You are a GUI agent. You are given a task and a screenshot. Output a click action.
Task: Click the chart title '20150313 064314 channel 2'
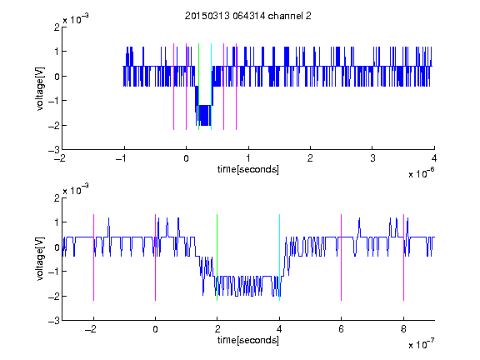(248, 16)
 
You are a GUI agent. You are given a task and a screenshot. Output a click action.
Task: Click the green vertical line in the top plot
(198, 87)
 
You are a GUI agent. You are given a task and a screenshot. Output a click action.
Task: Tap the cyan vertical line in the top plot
(211, 87)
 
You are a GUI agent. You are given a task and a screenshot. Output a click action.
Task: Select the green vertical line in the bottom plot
(217, 257)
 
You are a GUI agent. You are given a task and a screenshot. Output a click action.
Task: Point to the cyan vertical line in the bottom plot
(279, 257)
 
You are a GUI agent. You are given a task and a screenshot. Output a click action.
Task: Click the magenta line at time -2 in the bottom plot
(93, 257)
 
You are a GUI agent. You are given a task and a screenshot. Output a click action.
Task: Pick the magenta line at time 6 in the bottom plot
(342, 257)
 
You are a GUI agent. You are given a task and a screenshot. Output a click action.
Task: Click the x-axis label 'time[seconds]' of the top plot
(248, 169)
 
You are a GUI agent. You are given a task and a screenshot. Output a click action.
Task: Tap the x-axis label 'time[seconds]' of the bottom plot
(248, 340)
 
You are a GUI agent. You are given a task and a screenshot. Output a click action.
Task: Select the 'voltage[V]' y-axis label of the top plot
(40, 89)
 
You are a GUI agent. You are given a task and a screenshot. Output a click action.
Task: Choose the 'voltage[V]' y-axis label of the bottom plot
(40, 259)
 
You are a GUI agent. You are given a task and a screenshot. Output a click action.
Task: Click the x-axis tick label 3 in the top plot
(372, 158)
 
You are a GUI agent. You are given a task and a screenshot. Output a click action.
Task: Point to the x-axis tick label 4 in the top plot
(434, 158)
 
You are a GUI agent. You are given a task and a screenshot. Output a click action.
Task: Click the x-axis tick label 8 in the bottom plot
(403, 329)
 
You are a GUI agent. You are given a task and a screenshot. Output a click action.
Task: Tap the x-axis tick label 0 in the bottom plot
(155, 329)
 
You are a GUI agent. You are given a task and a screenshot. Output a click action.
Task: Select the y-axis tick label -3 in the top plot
(54, 150)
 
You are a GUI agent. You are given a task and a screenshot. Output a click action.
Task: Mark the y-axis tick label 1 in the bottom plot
(57, 222)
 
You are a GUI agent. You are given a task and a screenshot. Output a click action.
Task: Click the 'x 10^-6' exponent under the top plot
(422, 173)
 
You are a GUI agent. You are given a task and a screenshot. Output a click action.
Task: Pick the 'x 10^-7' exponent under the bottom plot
(422, 344)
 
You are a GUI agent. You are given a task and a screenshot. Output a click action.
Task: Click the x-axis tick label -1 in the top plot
(123, 158)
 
